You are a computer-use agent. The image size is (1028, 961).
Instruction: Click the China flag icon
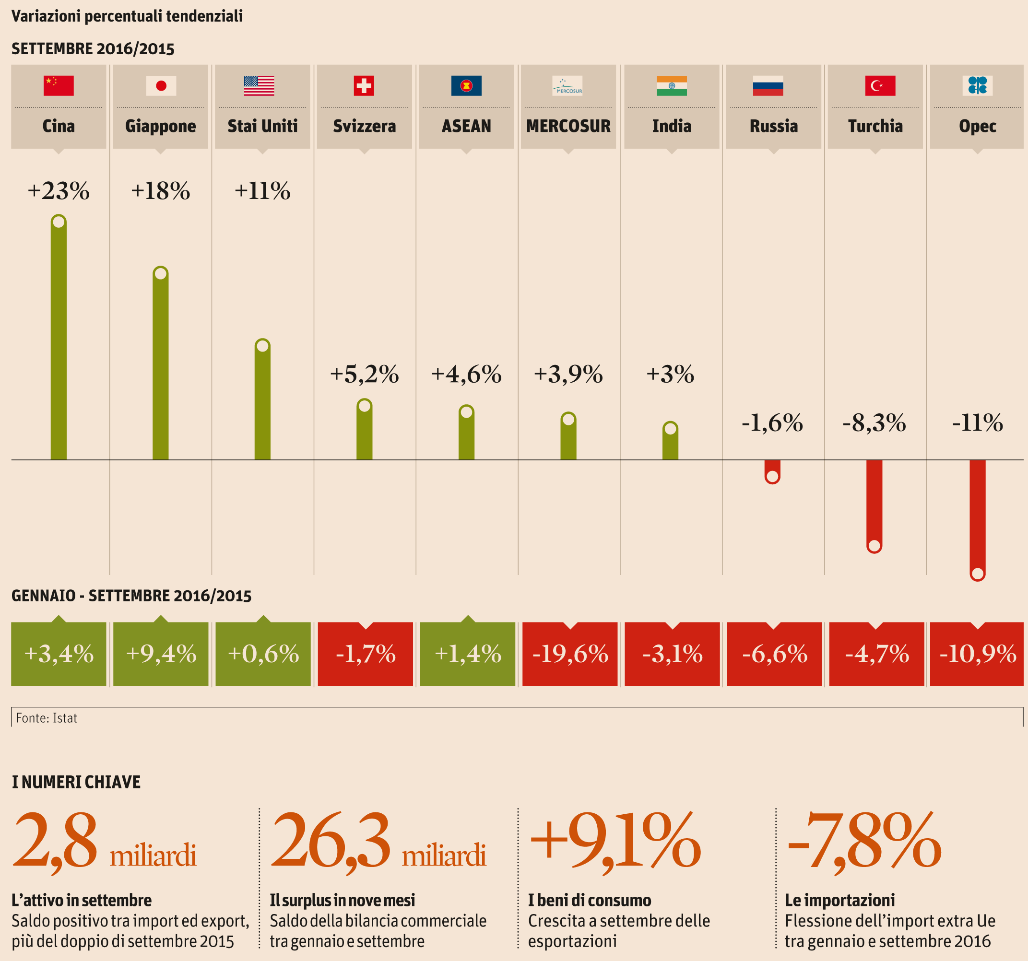tap(59, 86)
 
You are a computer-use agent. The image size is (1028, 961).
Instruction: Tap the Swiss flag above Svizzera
tap(364, 86)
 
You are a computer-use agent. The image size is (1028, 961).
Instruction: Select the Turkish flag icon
tap(880, 86)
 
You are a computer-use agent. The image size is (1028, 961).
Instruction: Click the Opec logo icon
tap(977, 85)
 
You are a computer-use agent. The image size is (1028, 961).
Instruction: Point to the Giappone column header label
tap(160, 126)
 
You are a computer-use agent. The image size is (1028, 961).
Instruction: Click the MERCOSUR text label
tap(568, 126)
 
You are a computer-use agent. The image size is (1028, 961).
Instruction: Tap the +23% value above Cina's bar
tap(59, 191)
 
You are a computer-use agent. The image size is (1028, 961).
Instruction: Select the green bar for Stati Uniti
tap(263, 403)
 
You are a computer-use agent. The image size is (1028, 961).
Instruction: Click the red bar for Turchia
tap(874, 502)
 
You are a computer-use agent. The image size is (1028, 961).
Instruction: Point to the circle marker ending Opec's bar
tap(977, 574)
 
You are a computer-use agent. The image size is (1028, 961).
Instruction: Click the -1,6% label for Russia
tap(772, 423)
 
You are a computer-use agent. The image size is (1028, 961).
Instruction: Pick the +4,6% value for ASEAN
tap(466, 374)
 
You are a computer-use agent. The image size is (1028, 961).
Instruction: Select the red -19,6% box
tap(570, 654)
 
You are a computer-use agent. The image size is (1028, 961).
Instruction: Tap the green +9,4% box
tap(161, 654)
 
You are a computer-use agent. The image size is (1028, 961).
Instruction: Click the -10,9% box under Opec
tap(977, 654)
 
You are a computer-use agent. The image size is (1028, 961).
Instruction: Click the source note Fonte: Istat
tap(47, 718)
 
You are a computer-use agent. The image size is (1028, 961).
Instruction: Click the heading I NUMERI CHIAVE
tap(76, 782)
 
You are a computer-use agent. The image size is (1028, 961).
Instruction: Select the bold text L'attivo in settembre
tap(82, 901)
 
